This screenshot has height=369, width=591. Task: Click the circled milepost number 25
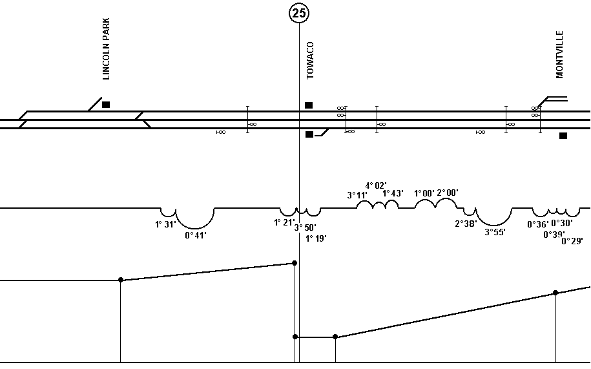(x=299, y=13)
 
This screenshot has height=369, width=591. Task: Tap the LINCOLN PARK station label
(x=107, y=48)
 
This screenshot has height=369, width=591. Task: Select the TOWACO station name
(x=310, y=60)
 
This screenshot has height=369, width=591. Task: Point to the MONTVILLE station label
(x=559, y=55)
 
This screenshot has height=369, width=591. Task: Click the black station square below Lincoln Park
(x=106, y=105)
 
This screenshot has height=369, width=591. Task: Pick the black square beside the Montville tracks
(x=563, y=136)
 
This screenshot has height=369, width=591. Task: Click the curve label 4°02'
(x=376, y=185)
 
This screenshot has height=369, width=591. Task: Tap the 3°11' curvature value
(x=357, y=195)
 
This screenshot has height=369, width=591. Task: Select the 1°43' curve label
(x=393, y=193)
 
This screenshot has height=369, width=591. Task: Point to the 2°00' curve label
(x=448, y=193)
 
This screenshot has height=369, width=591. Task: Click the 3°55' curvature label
(x=495, y=232)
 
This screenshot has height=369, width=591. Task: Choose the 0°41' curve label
(x=196, y=236)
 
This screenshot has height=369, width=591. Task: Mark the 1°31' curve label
(x=165, y=225)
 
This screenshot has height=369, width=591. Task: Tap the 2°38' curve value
(x=466, y=224)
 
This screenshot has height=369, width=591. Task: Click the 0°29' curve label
(x=572, y=241)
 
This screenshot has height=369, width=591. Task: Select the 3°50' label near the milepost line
(x=306, y=227)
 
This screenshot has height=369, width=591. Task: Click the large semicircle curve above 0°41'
(x=195, y=228)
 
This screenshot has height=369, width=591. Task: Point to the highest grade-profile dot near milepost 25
(x=295, y=263)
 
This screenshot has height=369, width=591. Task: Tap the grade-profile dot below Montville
(x=555, y=293)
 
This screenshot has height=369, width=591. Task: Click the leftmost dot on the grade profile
(x=121, y=280)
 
